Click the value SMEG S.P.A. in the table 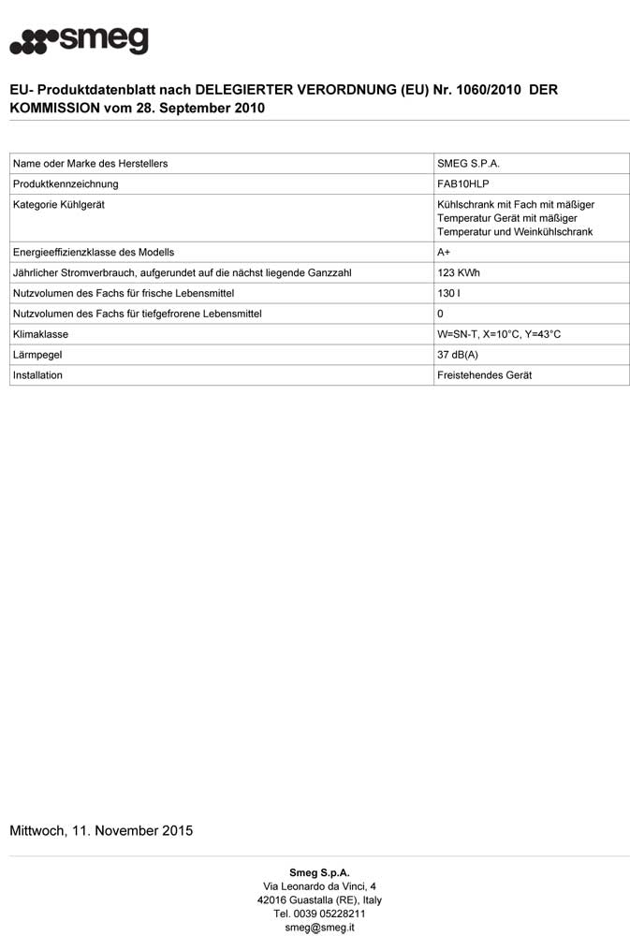click(468, 164)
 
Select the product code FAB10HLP click(463, 184)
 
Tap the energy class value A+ click(445, 253)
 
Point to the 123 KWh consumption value click(459, 273)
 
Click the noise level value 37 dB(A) click(458, 355)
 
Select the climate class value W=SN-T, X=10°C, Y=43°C click(499, 334)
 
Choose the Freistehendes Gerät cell click(484, 375)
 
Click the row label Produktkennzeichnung click(66, 184)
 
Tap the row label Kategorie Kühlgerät click(59, 205)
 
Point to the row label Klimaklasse click(40, 334)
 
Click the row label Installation click(37, 375)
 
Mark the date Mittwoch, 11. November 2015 click(101, 831)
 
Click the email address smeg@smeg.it click(319, 928)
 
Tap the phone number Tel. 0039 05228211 click(319, 914)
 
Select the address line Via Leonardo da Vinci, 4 click(319, 886)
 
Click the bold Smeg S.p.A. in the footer click(319, 872)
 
